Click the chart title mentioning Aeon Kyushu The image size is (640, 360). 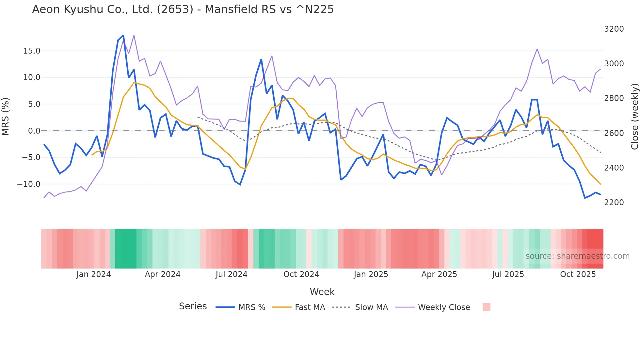click(183, 9)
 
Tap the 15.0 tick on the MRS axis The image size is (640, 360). click(31, 51)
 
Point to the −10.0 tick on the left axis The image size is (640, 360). click(29, 184)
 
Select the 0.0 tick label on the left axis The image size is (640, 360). click(34, 131)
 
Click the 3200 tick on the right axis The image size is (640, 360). click(614, 29)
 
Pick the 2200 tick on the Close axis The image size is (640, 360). click(614, 203)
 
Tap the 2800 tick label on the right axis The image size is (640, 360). click(614, 98)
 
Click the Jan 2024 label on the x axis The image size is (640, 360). click(94, 274)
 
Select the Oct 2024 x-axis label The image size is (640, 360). click(301, 274)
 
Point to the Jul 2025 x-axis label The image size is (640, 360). click(508, 274)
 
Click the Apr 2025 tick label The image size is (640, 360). click(439, 274)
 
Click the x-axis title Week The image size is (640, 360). click(322, 292)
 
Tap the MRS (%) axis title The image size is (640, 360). click(6, 117)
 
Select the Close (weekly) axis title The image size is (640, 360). click(634, 117)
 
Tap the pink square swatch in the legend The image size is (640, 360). click(486, 307)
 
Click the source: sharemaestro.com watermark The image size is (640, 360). click(577, 256)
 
